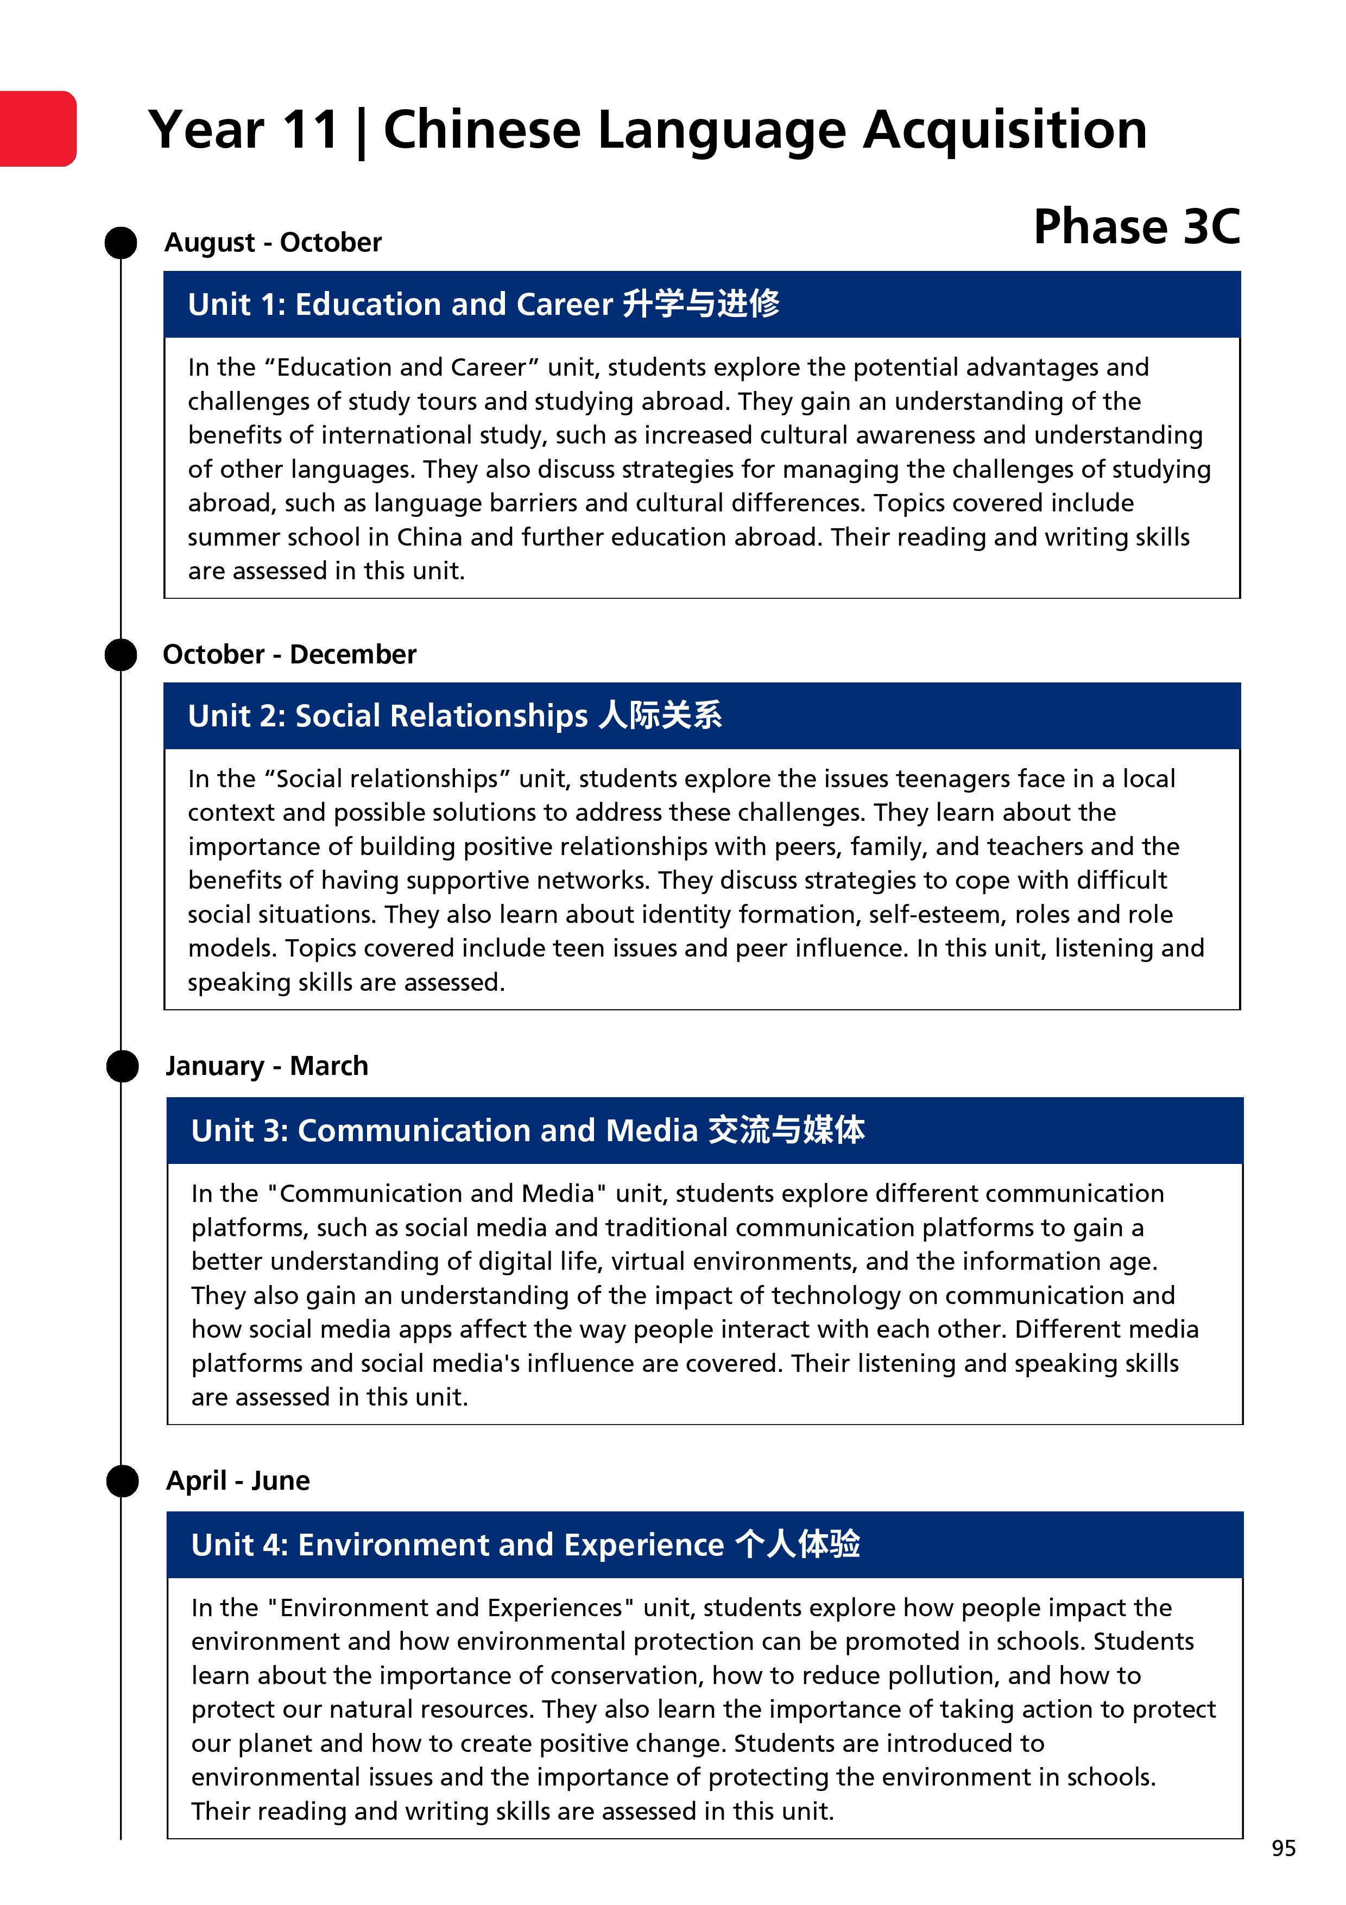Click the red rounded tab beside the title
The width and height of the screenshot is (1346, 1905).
pyautogui.click(x=38, y=129)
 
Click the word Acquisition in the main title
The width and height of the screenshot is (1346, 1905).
pyautogui.click(x=1005, y=130)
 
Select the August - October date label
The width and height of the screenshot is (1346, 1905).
pyautogui.click(x=273, y=242)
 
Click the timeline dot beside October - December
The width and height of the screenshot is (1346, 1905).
pyautogui.click(x=121, y=655)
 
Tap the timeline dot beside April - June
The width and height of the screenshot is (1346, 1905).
pyautogui.click(x=123, y=1481)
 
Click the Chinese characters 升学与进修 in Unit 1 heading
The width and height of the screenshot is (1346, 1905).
pyautogui.click(x=700, y=303)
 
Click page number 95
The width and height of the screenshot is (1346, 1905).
pyautogui.click(x=1283, y=1849)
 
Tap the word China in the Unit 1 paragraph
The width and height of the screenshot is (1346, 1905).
pyautogui.click(x=429, y=537)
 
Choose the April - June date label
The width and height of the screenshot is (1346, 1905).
pyautogui.click(x=238, y=1480)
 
